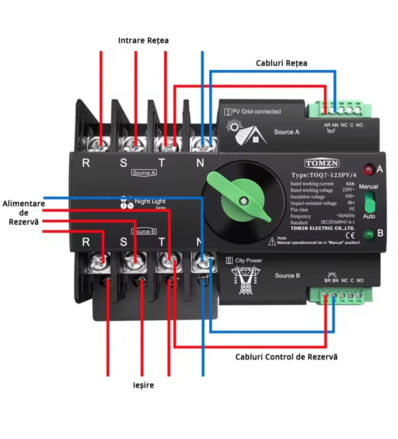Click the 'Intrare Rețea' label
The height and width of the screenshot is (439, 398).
click(x=143, y=41)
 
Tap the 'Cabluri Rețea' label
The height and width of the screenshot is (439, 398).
click(x=281, y=63)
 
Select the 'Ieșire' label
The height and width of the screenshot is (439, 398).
click(x=143, y=385)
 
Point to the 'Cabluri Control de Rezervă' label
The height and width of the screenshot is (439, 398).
click(x=286, y=357)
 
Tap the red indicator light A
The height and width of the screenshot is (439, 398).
click(x=368, y=170)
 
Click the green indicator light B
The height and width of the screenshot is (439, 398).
click(x=369, y=234)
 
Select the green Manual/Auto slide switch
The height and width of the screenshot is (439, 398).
click(x=369, y=201)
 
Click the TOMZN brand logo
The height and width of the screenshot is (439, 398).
click(x=322, y=163)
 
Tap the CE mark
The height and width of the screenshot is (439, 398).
click(x=350, y=235)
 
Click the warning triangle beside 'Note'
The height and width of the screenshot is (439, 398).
click(x=272, y=241)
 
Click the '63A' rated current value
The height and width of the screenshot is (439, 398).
click(x=350, y=184)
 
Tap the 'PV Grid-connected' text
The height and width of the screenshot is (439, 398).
click(x=256, y=111)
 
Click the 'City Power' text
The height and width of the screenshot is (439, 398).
click(x=248, y=260)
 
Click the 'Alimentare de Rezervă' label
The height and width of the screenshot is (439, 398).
click(x=24, y=213)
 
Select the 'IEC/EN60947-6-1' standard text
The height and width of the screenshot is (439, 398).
click(x=338, y=222)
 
